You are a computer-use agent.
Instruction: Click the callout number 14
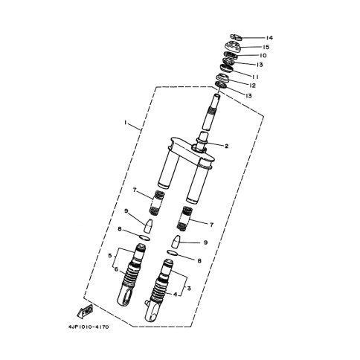269,38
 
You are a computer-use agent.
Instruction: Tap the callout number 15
266,47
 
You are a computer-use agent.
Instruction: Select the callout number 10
263,56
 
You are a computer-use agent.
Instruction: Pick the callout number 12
252,86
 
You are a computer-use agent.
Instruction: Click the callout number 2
226,147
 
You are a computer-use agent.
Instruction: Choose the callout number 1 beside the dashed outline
126,123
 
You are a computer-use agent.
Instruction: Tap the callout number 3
189,289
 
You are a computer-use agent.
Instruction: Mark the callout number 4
176,295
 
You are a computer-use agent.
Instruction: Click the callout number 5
110,256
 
